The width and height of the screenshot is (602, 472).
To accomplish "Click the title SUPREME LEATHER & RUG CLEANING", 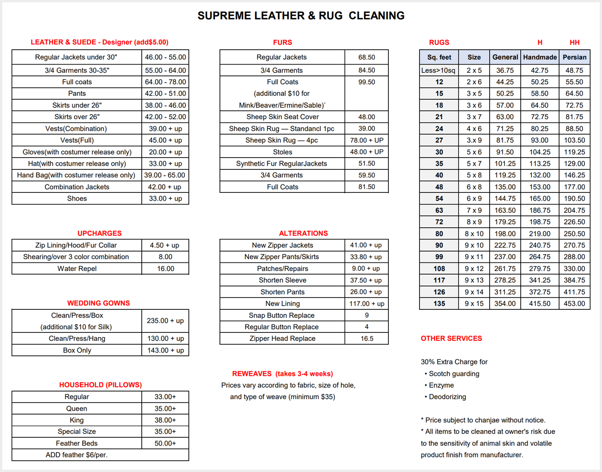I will point(301,16).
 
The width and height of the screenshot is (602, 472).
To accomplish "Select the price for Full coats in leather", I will point(165,82).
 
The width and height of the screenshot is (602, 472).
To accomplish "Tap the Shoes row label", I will point(77,198).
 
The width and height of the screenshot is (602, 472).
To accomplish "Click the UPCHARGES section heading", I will point(99,233).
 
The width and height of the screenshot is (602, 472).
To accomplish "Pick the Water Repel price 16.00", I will point(165,268).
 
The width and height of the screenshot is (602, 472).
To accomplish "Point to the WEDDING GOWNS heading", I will point(98,303).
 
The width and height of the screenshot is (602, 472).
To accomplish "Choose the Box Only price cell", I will point(165,350).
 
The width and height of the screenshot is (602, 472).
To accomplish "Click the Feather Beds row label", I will point(77,443).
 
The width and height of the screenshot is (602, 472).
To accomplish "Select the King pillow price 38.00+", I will point(165,420).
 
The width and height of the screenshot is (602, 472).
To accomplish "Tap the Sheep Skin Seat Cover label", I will point(282,117).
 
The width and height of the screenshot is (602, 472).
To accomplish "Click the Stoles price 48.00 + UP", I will point(366,152).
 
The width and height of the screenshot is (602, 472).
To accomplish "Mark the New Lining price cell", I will point(366,304).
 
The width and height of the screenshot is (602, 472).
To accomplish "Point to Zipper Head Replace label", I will point(282,338).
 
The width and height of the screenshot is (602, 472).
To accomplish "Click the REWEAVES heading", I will point(282,374).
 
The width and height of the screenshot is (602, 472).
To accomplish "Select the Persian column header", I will point(574,57).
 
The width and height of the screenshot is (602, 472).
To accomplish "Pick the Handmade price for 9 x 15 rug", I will point(540,304).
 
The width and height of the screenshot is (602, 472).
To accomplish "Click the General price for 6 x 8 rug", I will point(505,187).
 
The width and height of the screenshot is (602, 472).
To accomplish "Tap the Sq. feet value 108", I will point(439,268).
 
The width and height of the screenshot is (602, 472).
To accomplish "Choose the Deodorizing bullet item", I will point(447,397).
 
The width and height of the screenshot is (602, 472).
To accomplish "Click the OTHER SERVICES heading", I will point(451,338).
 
